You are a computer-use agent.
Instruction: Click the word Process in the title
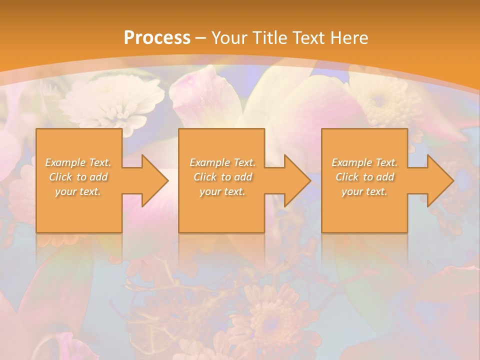coord(157,38)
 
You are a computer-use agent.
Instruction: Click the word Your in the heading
coord(227,38)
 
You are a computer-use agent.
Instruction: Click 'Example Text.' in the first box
coord(78,162)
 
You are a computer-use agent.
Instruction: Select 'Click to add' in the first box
coord(78,177)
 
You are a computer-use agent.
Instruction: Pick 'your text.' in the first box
coord(78,191)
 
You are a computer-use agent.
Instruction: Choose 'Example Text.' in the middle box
coord(222,162)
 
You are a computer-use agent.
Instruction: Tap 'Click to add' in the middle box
coord(222,177)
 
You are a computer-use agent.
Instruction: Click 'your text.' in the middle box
coord(222,191)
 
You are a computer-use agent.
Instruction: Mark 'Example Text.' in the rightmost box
coord(364,162)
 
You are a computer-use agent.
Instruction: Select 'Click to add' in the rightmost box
coord(364,177)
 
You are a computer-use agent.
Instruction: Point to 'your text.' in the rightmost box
coord(364,191)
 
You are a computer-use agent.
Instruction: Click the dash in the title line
coord(201,38)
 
